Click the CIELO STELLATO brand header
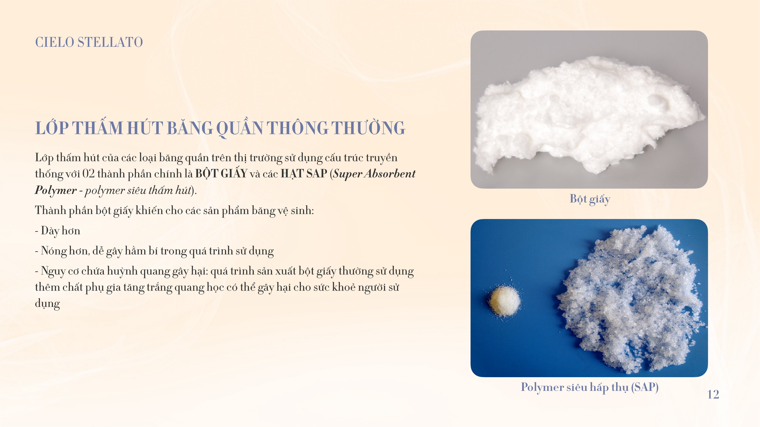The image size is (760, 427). (89, 42)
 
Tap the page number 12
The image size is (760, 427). (713, 394)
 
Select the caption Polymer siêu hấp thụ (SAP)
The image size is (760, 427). (590, 387)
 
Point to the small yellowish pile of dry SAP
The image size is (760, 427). (504, 301)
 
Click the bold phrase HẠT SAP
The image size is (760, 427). (304, 174)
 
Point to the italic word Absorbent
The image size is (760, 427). (390, 174)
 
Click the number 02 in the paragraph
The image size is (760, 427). (89, 174)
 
